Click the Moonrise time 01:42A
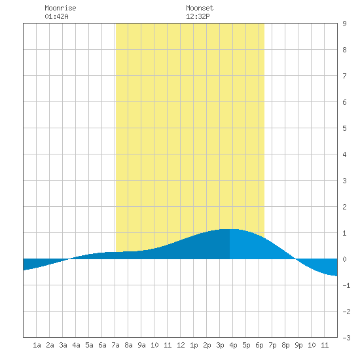coord(56,16)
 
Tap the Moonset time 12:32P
coord(198,16)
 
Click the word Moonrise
coord(60,8)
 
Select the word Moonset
coord(200,8)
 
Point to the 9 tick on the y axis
coord(344,24)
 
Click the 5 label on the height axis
coord(344,128)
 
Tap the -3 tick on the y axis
coord(346,338)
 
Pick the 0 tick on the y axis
coord(344,259)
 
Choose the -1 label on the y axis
coord(346,285)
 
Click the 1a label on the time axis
coord(37,345)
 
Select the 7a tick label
coord(115,345)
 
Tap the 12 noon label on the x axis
coord(181,345)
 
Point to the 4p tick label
coord(233,345)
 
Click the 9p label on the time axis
coord(298,345)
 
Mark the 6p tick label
coord(259,345)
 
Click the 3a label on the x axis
coord(63,345)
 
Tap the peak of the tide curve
coord(230,229)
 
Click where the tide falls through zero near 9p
coord(296,259)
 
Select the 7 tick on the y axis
coord(344,76)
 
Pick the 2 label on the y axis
coord(344,207)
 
